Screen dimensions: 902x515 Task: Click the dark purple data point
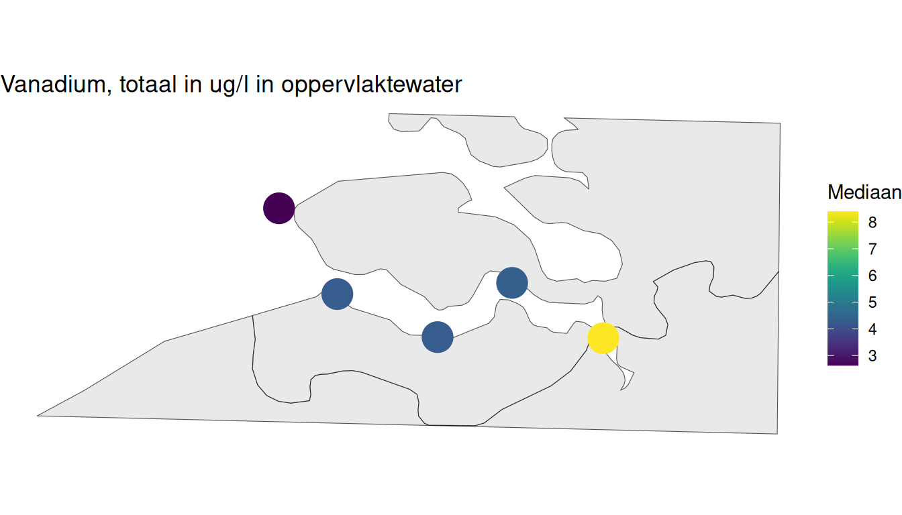coord(279,208)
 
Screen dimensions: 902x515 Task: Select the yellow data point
coord(603,338)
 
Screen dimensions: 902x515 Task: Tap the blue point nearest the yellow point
coord(512,283)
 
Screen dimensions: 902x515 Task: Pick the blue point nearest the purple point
coord(337,294)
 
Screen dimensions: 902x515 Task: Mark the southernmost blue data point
coord(438,337)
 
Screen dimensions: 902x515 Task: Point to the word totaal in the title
coord(148,84)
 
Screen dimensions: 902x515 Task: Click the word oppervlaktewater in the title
coord(371,85)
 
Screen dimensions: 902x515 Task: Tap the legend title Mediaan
coord(864,192)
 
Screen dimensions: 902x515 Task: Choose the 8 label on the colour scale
coord(872,222)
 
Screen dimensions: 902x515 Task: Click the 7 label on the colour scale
coord(872,249)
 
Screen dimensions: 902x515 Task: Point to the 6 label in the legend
coord(872,276)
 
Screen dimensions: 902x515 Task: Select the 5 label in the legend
coord(872,302)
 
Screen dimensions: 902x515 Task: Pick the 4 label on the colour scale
coord(872,329)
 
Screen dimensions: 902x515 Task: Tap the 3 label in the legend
coord(872,355)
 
